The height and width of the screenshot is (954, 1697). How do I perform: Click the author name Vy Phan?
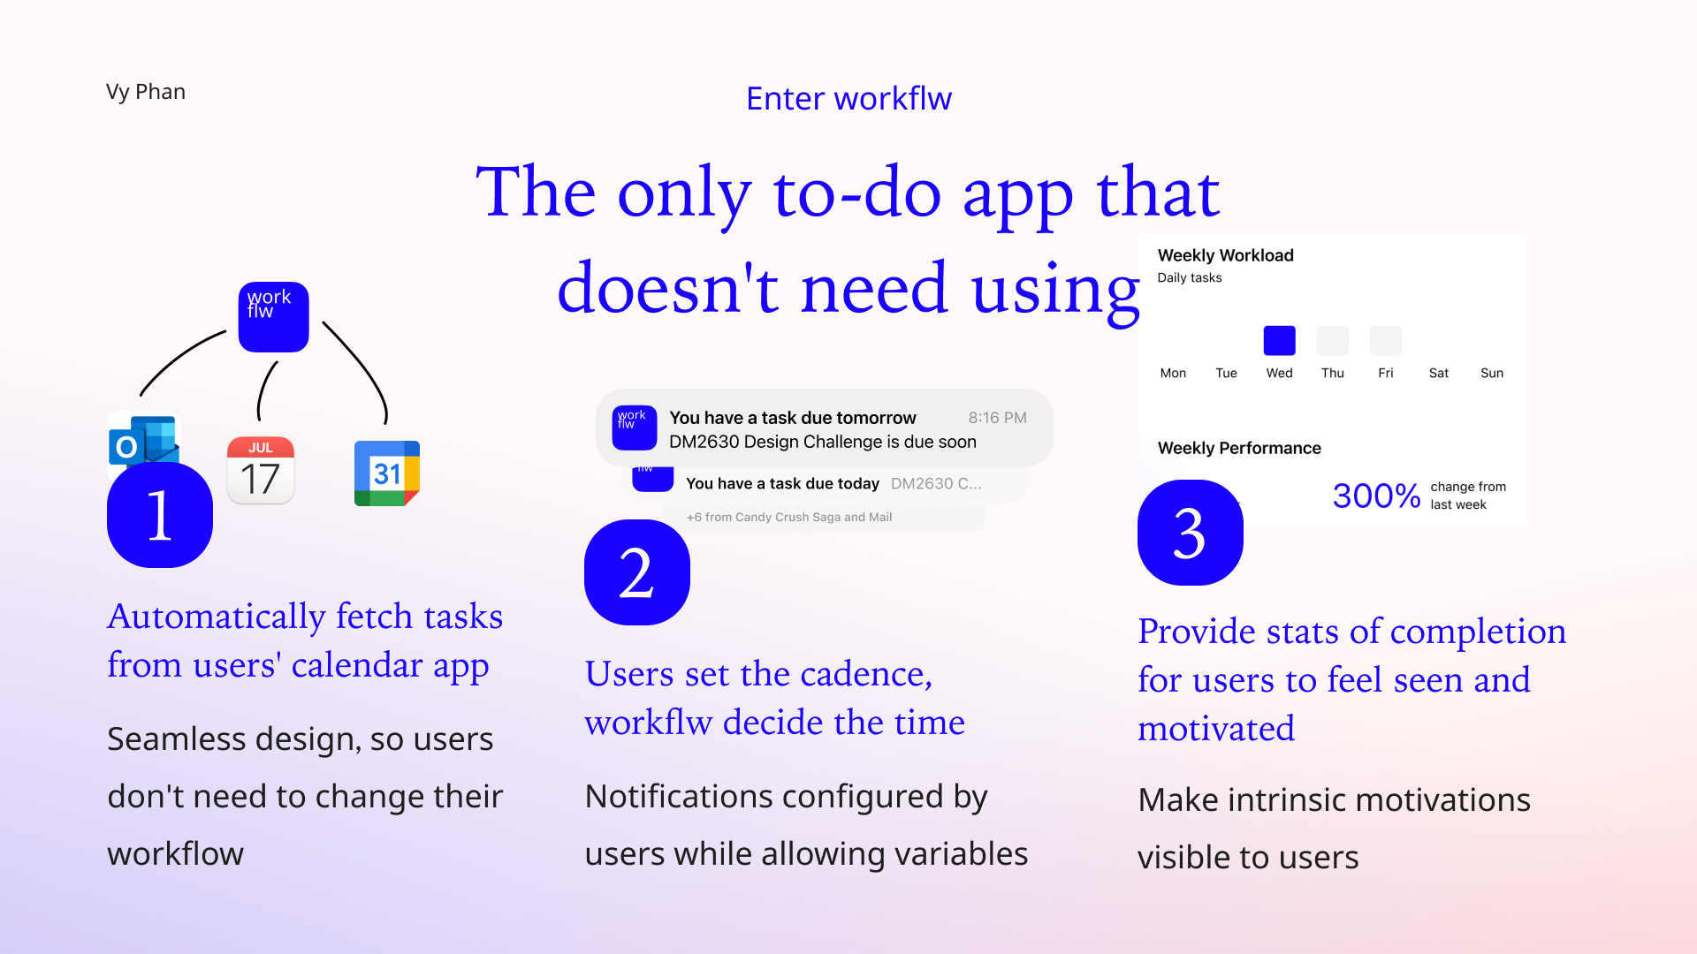146,92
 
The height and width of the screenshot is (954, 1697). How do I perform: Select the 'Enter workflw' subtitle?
848,99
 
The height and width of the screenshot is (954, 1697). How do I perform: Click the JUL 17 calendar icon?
261,470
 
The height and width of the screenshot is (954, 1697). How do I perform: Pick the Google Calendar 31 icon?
387,473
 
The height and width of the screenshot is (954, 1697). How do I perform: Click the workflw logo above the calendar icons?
274,317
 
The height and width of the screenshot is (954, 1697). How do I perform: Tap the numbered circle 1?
160,515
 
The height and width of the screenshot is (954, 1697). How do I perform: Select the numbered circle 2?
637,572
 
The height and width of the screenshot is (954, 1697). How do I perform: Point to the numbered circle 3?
1191,533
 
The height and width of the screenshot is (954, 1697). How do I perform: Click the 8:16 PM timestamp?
997,418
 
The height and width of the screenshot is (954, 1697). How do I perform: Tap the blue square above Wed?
1280,341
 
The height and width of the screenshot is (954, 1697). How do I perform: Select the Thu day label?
1333,374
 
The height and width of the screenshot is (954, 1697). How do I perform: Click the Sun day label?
1492,374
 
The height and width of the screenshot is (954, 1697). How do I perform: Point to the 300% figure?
1376,496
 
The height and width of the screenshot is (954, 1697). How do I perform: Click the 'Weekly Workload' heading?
1226,255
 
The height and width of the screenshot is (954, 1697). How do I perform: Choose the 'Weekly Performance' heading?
1239,448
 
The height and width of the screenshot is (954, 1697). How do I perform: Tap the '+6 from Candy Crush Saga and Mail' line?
789,518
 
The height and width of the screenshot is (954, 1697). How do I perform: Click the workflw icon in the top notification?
635,428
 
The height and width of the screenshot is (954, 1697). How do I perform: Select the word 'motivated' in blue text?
1216,730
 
